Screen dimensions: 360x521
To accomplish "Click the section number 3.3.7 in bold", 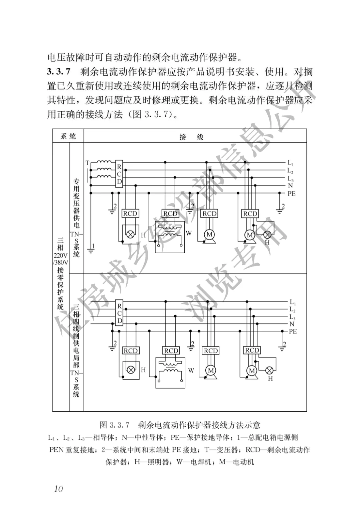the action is coord(58,72).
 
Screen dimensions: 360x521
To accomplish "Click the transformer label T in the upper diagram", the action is coord(87,163).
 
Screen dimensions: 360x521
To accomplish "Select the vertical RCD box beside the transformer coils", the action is coord(119,174).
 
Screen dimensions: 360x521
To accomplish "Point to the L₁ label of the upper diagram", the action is coord(291,163).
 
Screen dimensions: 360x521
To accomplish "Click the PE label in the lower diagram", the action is coord(293,331).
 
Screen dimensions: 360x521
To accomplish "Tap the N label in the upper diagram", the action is coord(290,186).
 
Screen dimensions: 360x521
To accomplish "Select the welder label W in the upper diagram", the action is coord(189,233).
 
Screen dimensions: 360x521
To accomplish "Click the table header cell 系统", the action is coord(68,136).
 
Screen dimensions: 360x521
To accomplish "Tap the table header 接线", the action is coord(191,137).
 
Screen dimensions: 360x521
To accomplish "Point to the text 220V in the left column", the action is coord(61,256).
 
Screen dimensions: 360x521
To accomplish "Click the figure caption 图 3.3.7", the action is coord(114,425).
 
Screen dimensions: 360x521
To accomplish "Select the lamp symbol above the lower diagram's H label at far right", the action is coord(269,370).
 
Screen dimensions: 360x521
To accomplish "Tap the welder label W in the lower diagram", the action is coord(191,370).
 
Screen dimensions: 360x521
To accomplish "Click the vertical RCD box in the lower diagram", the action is coord(119,312).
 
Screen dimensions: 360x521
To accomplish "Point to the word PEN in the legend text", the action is coord(56,450).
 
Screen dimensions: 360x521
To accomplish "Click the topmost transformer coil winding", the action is coord(104,162).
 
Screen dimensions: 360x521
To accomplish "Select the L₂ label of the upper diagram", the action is coord(290,171).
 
